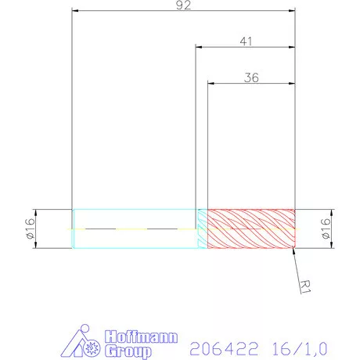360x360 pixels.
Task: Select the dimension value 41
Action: click(245, 42)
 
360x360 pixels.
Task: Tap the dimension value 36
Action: click(251, 77)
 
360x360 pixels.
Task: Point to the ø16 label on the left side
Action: click(31, 229)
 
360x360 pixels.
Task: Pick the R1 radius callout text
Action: click(308, 285)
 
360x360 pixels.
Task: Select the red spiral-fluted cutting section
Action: click(250, 229)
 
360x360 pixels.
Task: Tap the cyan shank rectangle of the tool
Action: click(133, 219)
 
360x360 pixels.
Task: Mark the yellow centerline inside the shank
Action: click(133, 229)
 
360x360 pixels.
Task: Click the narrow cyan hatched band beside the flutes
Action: click(201, 229)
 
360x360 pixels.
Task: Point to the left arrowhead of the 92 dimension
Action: click(75, 12)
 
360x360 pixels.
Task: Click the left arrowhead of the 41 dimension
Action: click(199, 48)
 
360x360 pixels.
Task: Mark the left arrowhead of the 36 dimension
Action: click(211, 83)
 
